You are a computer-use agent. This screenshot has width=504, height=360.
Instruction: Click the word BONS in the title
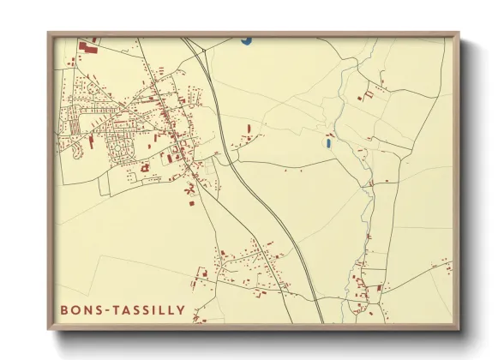[80, 309]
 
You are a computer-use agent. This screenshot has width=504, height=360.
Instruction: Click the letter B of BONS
[64, 309]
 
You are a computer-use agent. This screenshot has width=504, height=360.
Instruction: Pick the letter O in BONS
[75, 309]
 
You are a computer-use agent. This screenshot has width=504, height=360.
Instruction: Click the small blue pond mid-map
[329, 142]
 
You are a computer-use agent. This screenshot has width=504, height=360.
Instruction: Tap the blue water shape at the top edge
[247, 39]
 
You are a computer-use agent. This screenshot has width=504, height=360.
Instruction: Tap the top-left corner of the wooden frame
[49, 34]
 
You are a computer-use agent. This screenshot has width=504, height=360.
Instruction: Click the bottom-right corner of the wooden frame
[458, 329]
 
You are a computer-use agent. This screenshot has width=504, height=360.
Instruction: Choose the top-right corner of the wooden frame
[458, 34]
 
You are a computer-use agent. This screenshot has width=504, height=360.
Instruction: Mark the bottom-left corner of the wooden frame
[49, 329]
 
